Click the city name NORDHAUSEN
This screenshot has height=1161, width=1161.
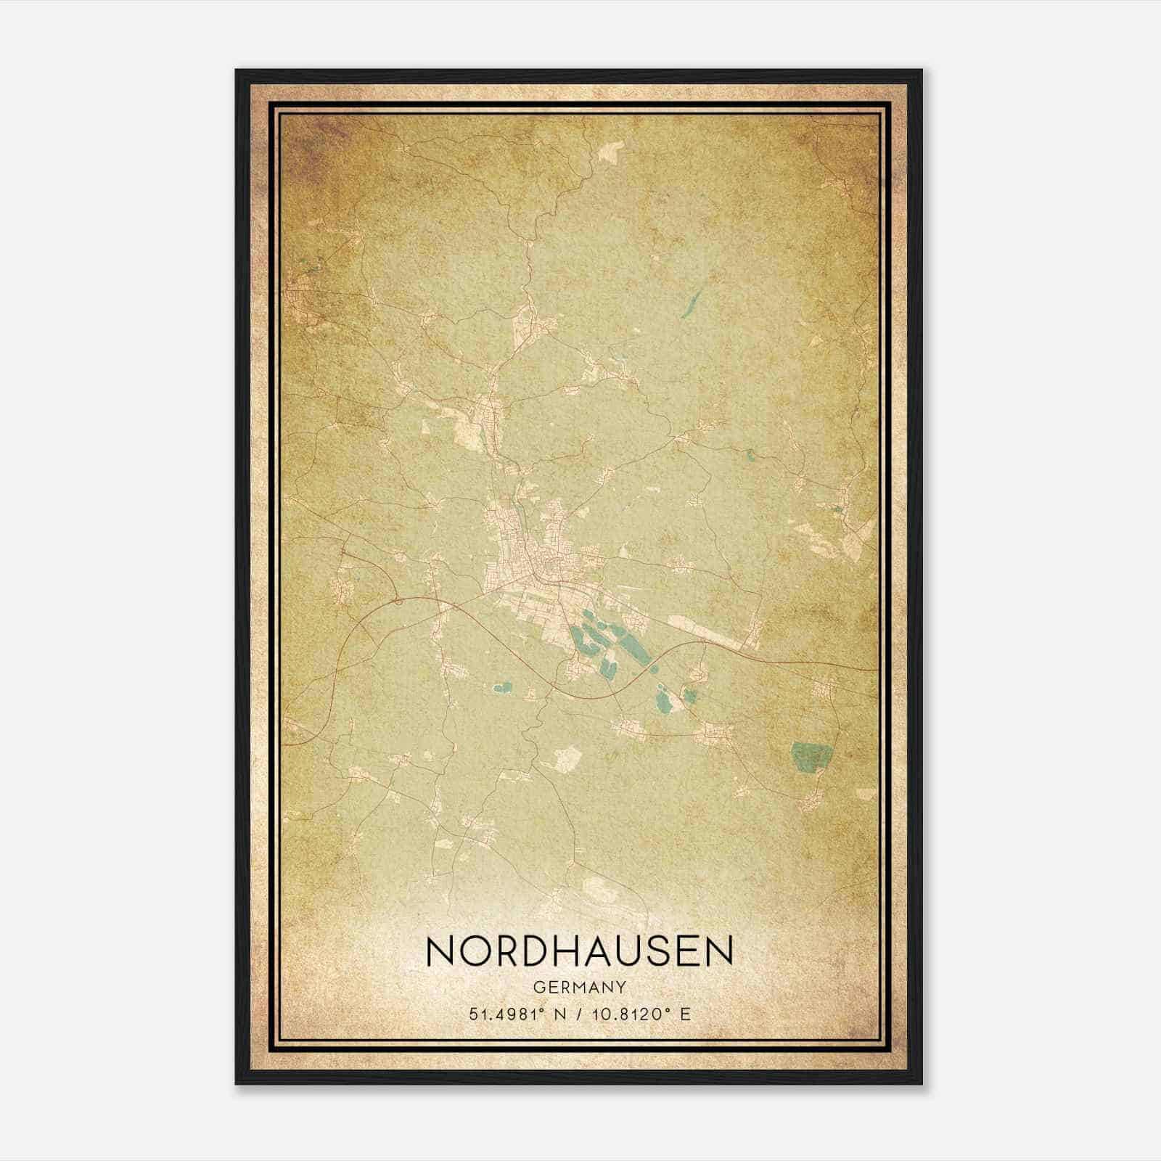[580, 951]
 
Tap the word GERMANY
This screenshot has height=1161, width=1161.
[580, 988]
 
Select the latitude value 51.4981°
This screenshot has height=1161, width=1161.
[505, 1014]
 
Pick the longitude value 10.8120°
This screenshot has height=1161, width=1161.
[633, 1014]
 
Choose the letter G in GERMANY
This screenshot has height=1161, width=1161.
[538, 988]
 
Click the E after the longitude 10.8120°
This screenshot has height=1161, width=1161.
[686, 1014]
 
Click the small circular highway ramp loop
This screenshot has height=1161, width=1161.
[398, 599]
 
